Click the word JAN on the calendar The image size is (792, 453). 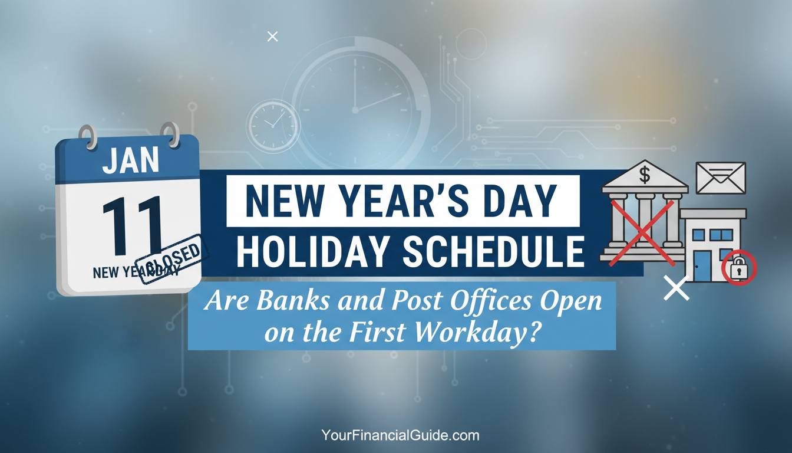point(131,161)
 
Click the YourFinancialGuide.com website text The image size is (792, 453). point(400,436)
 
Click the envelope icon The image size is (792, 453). point(721,178)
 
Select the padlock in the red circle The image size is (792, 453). point(739,270)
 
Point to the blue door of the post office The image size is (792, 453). point(702,266)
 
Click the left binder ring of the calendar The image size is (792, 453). point(87,137)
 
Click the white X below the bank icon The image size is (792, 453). point(676,288)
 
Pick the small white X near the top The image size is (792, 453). point(272,37)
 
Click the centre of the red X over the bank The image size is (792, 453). point(642,232)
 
